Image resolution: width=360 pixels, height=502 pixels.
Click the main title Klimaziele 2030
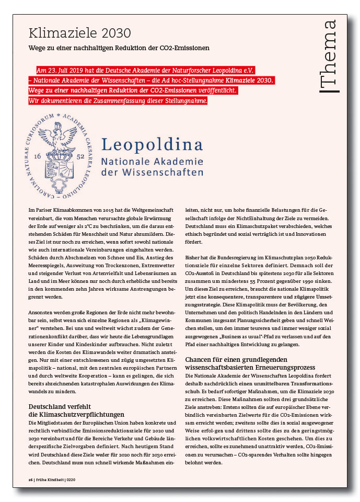click(x=79, y=33)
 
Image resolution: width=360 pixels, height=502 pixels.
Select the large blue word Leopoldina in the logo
click(x=152, y=143)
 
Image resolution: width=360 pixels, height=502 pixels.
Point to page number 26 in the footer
click(x=31, y=480)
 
